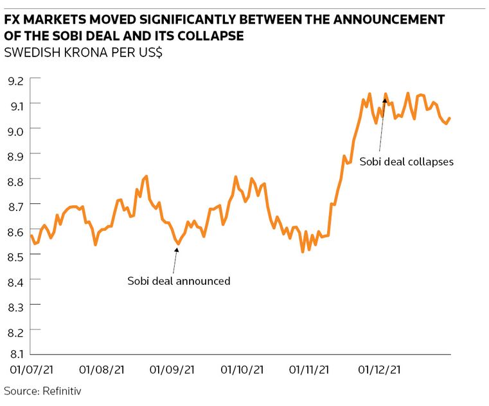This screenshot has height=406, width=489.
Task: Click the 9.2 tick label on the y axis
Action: point(15,81)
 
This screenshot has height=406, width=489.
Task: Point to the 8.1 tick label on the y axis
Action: point(15,354)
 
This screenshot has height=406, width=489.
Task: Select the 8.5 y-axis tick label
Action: point(15,257)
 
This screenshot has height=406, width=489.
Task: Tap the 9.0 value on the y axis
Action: point(15,130)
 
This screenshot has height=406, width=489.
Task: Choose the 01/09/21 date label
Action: point(172,370)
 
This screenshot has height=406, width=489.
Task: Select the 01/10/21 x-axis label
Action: point(242,370)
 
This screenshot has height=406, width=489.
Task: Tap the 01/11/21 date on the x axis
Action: point(311,370)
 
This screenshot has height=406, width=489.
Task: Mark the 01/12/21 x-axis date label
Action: point(380,370)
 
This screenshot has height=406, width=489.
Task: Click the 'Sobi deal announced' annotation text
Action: point(179,281)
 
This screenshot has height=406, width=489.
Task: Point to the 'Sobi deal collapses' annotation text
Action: point(406,162)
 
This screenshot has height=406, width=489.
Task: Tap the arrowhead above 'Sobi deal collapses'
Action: point(385,101)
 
